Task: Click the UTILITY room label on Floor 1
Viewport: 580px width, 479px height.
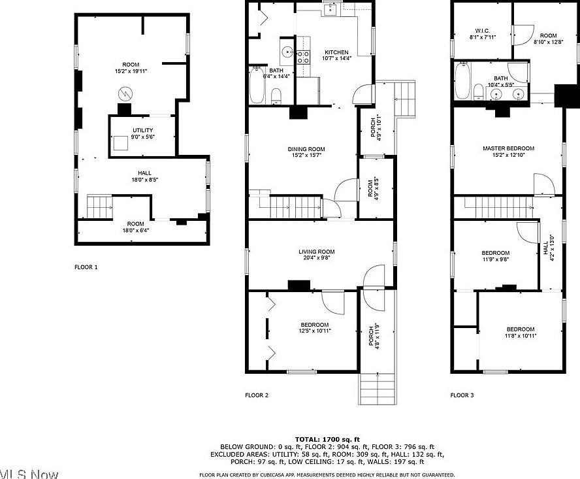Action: click(x=142, y=130)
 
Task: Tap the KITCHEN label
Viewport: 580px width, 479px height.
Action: click(x=337, y=52)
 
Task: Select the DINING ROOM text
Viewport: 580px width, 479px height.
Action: click(x=306, y=149)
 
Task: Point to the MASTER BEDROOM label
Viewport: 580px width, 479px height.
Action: click(x=508, y=148)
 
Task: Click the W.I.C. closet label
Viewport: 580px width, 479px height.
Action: click(x=483, y=30)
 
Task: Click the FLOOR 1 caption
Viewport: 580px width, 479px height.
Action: click(x=86, y=267)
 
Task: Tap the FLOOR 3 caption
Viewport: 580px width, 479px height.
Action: click(x=462, y=395)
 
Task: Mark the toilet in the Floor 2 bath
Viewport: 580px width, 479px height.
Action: click(x=276, y=97)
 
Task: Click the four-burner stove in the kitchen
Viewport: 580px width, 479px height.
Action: click(x=304, y=57)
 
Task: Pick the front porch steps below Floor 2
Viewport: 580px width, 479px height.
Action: click(x=378, y=389)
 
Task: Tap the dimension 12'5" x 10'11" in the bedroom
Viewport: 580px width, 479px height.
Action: click(x=315, y=331)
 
